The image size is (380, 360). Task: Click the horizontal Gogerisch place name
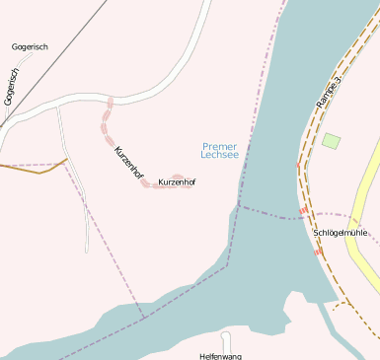[30, 46]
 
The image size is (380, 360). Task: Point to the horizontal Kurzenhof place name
[177, 182]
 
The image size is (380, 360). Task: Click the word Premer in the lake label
[219, 146]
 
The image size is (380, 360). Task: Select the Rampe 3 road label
[330, 90]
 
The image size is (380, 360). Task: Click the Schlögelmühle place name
[340, 233]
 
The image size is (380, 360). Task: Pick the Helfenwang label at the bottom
[220, 355]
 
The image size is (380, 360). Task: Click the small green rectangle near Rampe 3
[331, 141]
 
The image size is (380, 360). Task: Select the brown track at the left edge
[30, 170]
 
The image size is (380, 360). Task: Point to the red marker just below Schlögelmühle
[318, 251]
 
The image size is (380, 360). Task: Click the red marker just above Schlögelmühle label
[303, 211]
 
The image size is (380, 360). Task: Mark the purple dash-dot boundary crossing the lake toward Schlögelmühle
[266, 213]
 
